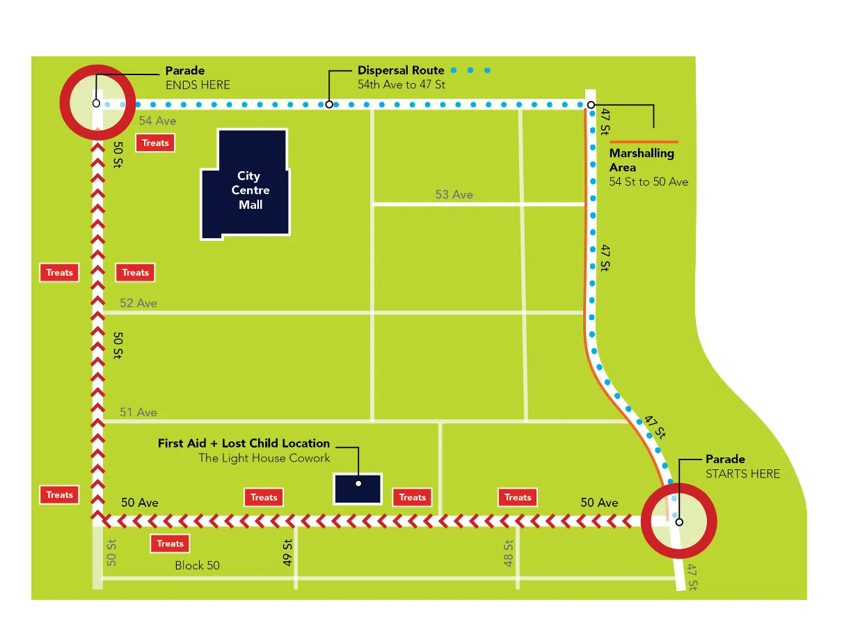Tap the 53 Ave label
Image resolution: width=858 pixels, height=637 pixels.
(454, 195)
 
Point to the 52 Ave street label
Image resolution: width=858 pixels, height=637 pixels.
(138, 304)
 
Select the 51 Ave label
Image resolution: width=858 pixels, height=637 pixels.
(138, 413)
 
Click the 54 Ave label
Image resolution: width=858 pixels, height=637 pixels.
(157, 121)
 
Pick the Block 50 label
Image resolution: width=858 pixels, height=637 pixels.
(197, 565)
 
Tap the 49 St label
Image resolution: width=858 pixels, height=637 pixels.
(287, 553)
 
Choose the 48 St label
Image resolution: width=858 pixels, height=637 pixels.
(509, 554)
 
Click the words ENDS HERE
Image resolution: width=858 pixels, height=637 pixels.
(198, 85)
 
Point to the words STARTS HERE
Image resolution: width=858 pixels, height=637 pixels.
(742, 474)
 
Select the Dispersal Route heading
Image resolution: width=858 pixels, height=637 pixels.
(401, 70)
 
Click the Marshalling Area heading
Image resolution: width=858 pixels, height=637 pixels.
(641, 160)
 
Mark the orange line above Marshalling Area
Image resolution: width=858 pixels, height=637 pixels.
(643, 142)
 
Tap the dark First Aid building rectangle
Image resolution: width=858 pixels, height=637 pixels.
(358, 488)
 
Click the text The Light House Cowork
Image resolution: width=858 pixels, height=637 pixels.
(264, 458)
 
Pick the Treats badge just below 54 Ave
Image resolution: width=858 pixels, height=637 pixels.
(155, 143)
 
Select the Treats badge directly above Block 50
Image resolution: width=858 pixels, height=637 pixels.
(170, 544)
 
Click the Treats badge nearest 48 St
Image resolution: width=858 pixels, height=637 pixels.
(518, 497)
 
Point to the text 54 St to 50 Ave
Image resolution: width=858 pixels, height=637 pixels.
(649, 182)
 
